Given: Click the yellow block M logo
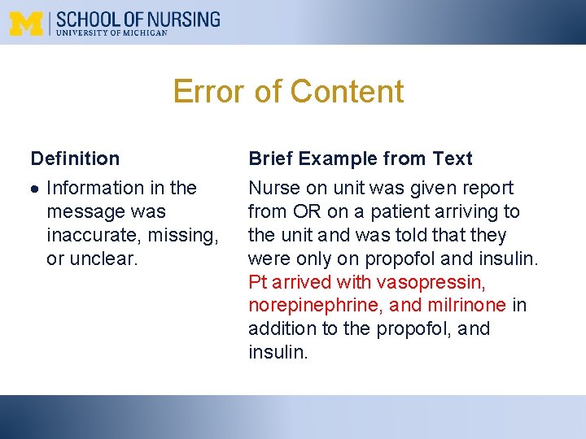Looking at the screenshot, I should [26, 24].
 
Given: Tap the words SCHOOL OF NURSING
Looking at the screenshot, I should [138, 19].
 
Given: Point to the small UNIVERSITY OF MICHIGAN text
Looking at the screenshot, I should [112, 33].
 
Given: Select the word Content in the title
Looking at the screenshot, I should [347, 91].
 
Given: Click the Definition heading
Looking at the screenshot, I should [75, 159].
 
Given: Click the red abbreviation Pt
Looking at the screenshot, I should [258, 282].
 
